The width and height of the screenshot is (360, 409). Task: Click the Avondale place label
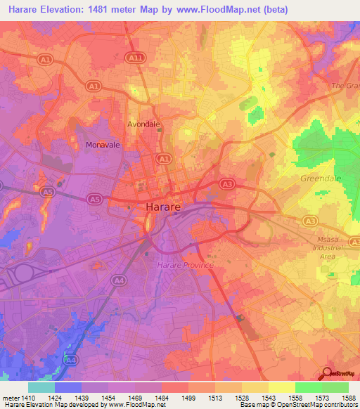pos(143,124)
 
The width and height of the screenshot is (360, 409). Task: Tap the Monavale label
pos(99,145)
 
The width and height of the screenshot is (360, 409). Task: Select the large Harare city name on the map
pos(165,207)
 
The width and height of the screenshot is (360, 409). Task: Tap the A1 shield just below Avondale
pos(164,160)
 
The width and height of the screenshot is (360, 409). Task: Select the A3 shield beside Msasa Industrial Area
pos(310,221)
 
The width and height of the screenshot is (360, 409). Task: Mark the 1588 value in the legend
pos(349,396)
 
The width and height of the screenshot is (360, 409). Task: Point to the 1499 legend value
pos(188,396)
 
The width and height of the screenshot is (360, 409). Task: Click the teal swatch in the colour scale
pos(41,387)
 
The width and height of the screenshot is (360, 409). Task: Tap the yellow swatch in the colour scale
pos(282,387)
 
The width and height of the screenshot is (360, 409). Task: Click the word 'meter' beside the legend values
pos(9,396)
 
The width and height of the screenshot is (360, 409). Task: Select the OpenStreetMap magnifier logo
pos(328,374)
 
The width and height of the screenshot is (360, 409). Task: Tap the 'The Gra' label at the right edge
pos(349,85)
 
